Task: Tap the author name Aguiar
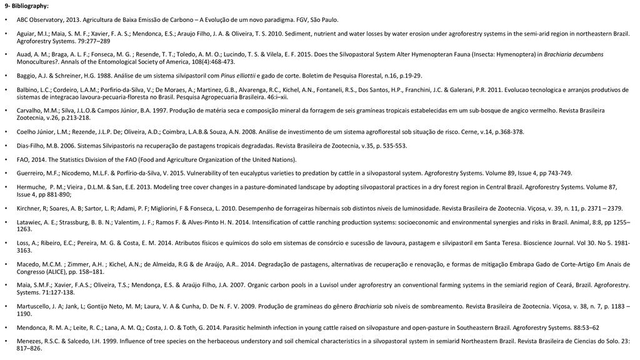click(27, 34)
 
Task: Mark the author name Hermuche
click(32, 187)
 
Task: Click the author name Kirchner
click(29, 207)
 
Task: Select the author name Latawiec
click(30, 222)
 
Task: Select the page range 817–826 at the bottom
click(29, 348)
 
